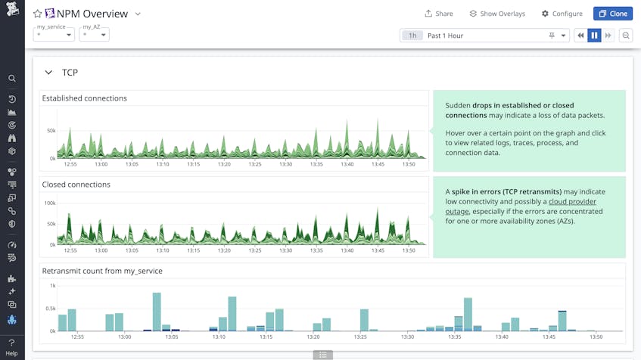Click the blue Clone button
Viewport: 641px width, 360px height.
[x=612, y=14]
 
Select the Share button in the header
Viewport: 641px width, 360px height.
[x=439, y=14]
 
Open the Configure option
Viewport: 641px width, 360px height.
[x=562, y=14]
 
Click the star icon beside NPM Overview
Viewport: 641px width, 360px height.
[x=38, y=14]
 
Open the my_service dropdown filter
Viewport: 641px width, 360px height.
[x=54, y=35]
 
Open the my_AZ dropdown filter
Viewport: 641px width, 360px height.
[x=95, y=35]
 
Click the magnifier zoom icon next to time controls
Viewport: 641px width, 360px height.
[x=626, y=36]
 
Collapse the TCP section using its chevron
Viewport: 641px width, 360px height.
[x=48, y=73]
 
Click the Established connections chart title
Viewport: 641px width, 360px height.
[x=85, y=98]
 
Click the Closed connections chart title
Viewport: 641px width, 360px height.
[x=76, y=185]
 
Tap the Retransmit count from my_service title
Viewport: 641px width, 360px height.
[x=102, y=271]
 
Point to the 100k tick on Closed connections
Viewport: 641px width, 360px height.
[x=50, y=203]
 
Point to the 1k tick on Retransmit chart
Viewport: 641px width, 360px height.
[x=53, y=286]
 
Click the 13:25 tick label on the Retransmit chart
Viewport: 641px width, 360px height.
[x=359, y=337]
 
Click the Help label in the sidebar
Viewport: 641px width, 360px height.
[x=11, y=354]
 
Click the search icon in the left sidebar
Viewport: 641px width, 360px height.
[x=12, y=79]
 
